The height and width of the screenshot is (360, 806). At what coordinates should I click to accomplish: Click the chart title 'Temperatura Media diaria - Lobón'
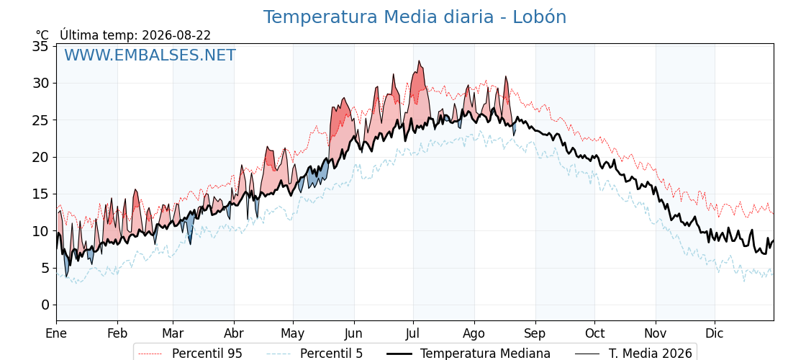click(x=415, y=17)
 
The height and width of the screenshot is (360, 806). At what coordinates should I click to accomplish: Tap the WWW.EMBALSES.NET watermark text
click(x=150, y=55)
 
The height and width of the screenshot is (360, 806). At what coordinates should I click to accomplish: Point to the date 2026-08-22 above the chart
click(x=176, y=35)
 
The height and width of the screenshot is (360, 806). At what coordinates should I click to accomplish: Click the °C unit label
click(x=42, y=35)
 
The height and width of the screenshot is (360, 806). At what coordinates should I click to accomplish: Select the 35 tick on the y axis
click(x=40, y=46)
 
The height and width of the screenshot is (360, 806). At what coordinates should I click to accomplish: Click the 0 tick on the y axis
click(x=45, y=305)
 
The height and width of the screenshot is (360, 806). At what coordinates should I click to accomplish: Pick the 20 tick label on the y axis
click(x=40, y=157)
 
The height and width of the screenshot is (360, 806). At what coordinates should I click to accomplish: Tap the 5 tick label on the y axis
click(x=45, y=268)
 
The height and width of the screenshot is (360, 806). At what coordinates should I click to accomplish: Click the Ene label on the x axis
click(x=56, y=333)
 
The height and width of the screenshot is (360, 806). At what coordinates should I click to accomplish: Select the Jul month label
click(x=413, y=333)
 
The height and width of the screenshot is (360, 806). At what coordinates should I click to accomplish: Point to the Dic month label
click(x=714, y=333)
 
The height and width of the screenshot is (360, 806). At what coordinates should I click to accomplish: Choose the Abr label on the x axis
click(x=234, y=333)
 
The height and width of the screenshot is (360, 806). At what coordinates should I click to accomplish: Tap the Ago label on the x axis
click(x=474, y=333)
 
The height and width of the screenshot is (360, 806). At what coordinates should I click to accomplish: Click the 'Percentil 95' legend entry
click(x=191, y=354)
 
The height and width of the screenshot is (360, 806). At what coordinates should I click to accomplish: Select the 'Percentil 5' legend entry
click(x=314, y=354)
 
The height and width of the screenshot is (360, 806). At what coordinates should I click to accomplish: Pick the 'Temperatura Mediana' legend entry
click(x=467, y=354)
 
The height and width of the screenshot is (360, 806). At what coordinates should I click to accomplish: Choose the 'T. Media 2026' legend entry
click(x=633, y=354)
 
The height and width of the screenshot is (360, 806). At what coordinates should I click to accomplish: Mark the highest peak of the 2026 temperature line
click(x=420, y=61)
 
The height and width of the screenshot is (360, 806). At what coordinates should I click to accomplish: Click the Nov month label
click(x=656, y=333)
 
